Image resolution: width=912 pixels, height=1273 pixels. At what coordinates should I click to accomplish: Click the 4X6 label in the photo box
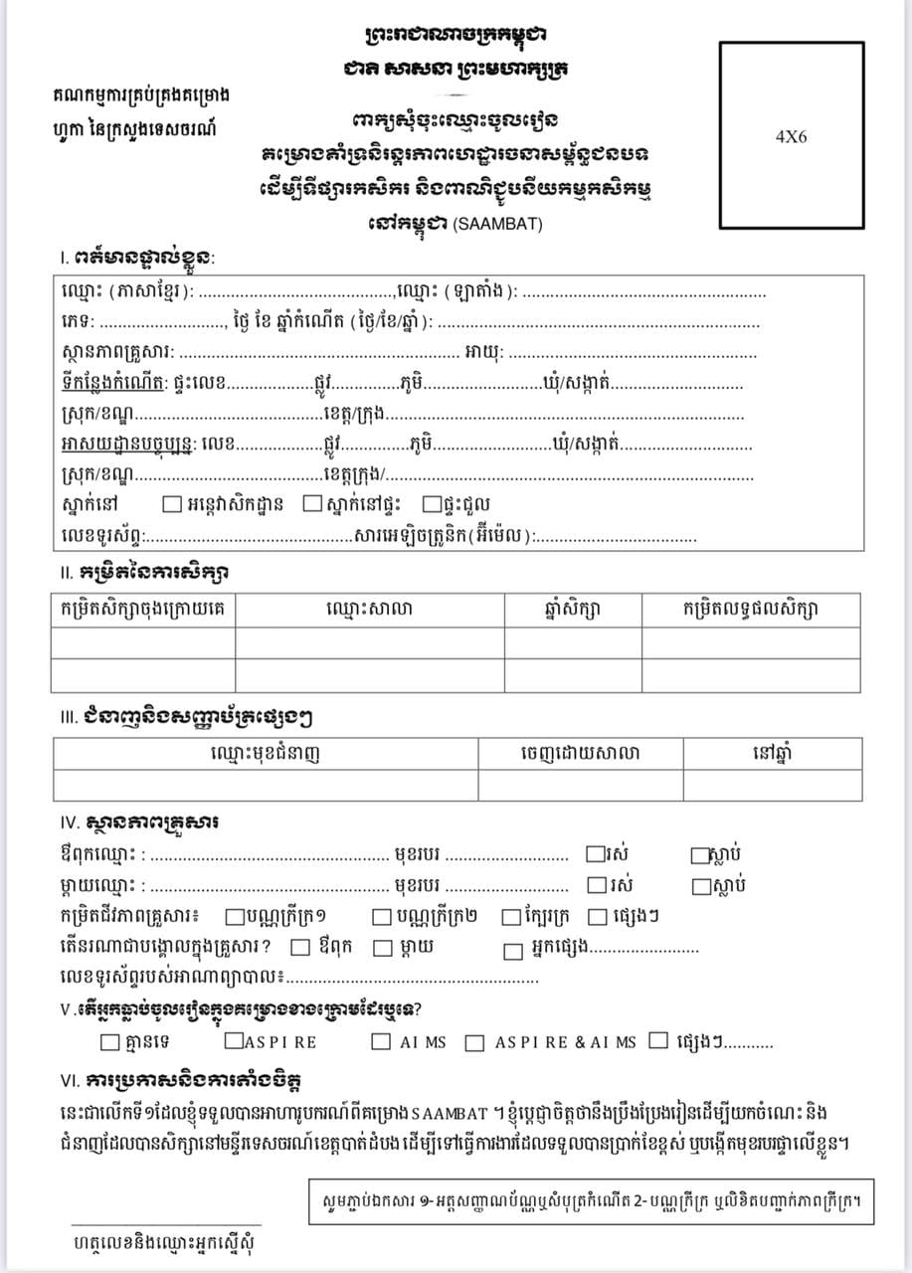[x=791, y=136]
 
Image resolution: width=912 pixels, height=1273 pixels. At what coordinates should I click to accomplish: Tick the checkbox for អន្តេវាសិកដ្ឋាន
[x=170, y=503]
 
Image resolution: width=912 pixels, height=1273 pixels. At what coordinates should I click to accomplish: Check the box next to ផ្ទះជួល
[x=432, y=503]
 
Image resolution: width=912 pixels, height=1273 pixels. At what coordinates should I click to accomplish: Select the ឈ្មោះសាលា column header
[x=369, y=609]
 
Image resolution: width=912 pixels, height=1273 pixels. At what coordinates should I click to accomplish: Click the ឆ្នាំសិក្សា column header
[x=573, y=609]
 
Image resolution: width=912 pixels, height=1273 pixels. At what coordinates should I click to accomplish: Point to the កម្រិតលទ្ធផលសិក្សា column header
[x=751, y=609]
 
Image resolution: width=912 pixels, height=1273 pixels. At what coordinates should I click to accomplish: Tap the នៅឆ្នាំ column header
[x=772, y=753]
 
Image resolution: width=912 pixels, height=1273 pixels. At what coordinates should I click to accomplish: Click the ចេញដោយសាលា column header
[x=580, y=753]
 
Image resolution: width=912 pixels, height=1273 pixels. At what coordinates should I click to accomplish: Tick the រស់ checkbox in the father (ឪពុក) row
[x=595, y=853]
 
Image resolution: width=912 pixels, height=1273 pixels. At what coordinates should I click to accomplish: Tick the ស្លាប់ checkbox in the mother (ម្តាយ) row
[x=700, y=885]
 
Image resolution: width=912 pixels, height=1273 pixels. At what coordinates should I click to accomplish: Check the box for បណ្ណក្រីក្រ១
[x=235, y=917]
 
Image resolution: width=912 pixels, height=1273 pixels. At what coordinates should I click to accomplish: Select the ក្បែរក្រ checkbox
[x=510, y=917]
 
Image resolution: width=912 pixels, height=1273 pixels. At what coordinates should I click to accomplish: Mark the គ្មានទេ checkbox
[x=109, y=1041]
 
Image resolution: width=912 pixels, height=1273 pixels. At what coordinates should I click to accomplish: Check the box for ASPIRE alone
[x=233, y=1041]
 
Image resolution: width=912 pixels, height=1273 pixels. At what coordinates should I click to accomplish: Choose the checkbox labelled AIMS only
[x=381, y=1041]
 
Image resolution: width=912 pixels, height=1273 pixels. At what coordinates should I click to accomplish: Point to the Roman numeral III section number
[x=68, y=716]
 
